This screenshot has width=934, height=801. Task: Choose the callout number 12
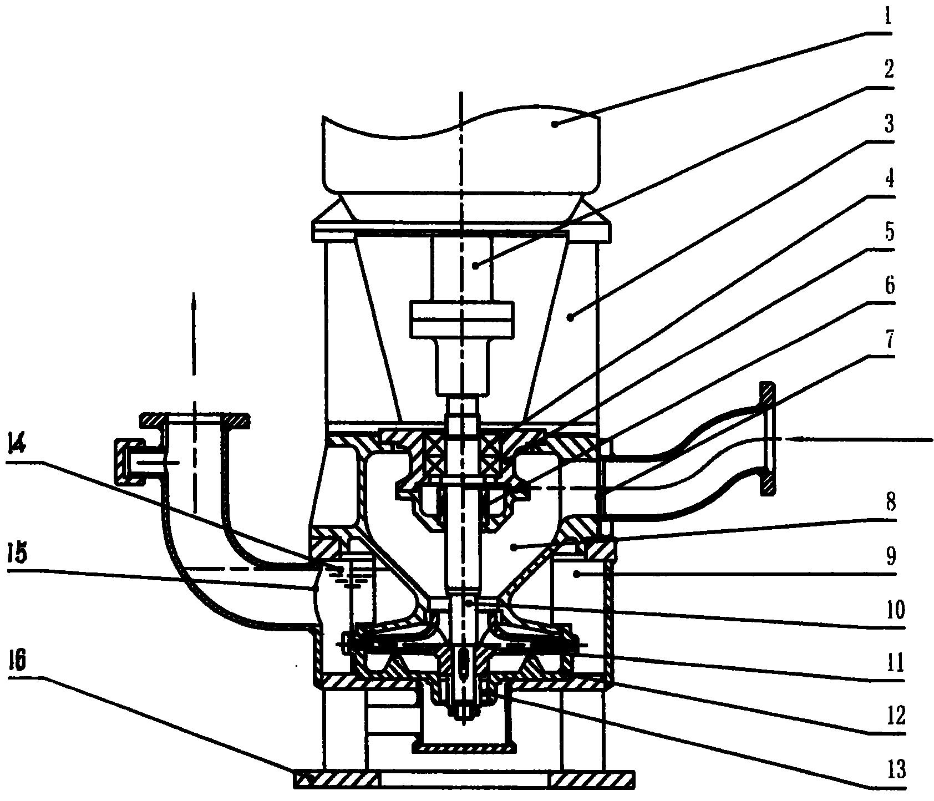892,716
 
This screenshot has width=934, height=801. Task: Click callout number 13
892,769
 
